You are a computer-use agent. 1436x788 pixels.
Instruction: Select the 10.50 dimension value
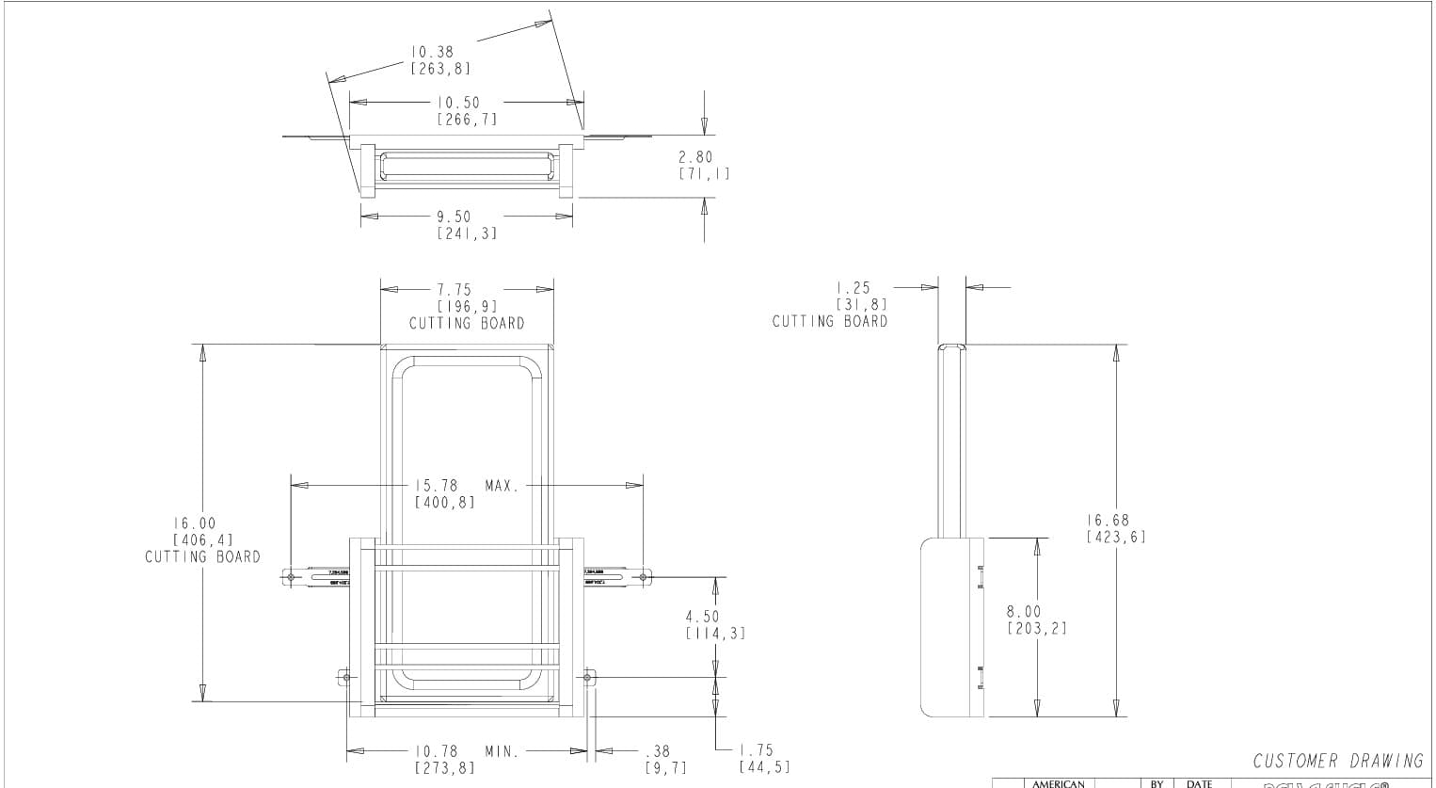pyautogui.click(x=458, y=103)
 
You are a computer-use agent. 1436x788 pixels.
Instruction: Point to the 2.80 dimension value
pyautogui.click(x=696, y=157)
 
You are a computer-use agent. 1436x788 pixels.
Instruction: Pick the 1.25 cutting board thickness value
pyautogui.click(x=854, y=288)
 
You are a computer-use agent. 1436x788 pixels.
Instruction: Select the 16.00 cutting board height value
pyautogui.click(x=194, y=523)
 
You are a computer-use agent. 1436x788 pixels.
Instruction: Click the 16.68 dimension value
pyautogui.click(x=1108, y=520)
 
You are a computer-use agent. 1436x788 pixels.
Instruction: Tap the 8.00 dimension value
pyautogui.click(x=1024, y=612)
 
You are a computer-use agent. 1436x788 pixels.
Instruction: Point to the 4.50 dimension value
pyautogui.click(x=702, y=617)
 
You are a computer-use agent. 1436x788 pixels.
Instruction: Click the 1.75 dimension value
pyautogui.click(x=757, y=750)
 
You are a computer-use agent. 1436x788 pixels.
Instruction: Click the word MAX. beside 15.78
pyautogui.click(x=503, y=486)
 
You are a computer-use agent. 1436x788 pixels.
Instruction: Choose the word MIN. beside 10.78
pyautogui.click(x=502, y=751)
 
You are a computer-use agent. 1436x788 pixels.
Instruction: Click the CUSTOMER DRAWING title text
pyautogui.click(x=1338, y=761)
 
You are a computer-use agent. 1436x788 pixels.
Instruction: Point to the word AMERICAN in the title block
pyautogui.click(x=1059, y=783)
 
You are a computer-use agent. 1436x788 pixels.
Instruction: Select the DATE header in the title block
pyautogui.click(x=1199, y=783)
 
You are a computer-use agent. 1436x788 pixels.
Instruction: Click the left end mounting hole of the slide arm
pyautogui.click(x=292, y=576)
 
